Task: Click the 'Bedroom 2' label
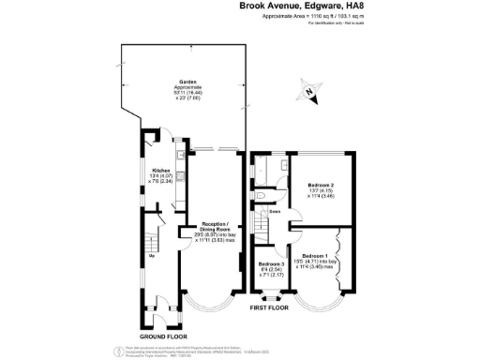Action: [x=322, y=186]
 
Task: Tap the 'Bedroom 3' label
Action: [x=272, y=265]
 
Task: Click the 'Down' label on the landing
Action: [x=276, y=211]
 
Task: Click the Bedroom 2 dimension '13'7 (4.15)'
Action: [x=322, y=192]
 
